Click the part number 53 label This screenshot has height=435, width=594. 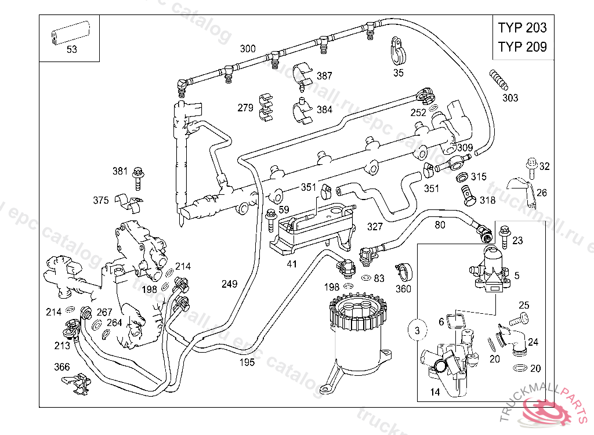pos(71,49)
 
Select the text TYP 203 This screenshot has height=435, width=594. pos(522,27)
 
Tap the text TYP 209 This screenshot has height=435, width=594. pos(522,47)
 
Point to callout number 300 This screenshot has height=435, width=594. pos(248,49)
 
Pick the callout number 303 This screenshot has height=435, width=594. pos(510,98)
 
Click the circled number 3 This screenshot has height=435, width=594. pos(416,331)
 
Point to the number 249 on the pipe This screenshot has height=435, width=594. pos(230,284)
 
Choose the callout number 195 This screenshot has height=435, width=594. pos(247,362)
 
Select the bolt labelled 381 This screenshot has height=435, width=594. pos(138,176)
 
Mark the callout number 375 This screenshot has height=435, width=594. pos(101,200)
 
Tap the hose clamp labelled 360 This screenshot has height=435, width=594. pos(403,270)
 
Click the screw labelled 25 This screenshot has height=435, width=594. pos(518,318)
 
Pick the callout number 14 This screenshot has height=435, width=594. pos(435,393)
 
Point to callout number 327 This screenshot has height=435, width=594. pos(375,226)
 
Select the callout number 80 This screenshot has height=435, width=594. pos(440,224)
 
